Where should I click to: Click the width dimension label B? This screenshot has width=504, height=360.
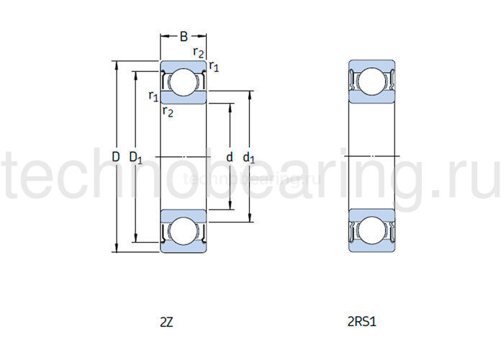[184, 35]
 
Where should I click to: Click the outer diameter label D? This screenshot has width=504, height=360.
[115, 156]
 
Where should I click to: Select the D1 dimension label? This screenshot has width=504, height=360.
[135, 157]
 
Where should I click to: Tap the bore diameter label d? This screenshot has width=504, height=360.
[230, 156]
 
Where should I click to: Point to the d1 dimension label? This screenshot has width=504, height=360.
[248, 157]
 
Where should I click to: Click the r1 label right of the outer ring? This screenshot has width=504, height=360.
[214, 66]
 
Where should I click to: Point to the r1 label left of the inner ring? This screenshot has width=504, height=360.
[153, 96]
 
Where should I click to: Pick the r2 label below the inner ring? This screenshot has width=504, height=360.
[167, 110]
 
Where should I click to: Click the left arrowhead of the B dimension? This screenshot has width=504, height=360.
[162, 35]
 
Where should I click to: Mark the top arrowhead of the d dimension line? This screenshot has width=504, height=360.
[230, 106]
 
